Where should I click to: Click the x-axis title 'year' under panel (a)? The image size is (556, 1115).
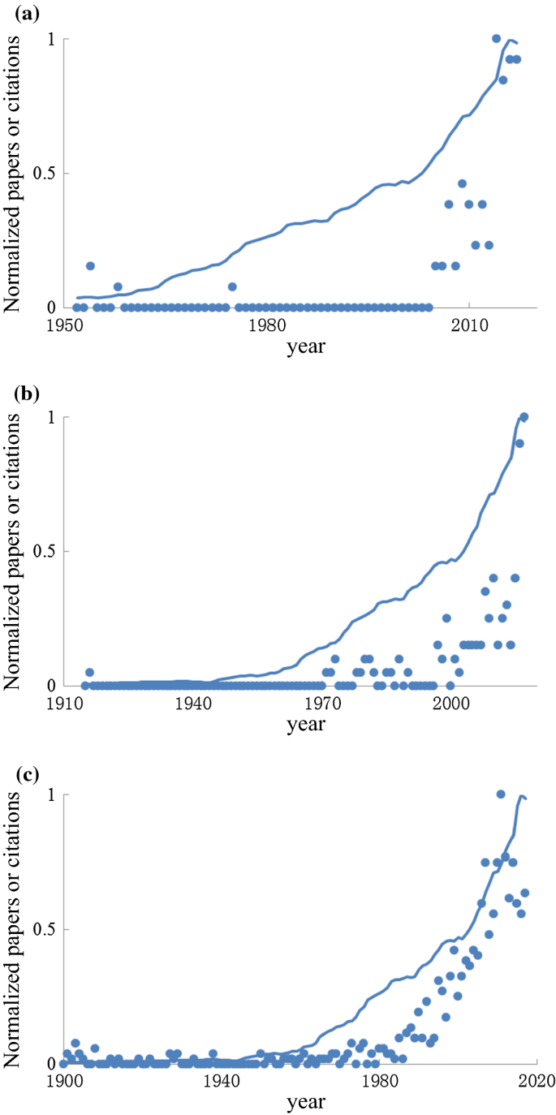click(306, 347)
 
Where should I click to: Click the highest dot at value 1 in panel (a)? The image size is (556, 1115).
click(496, 39)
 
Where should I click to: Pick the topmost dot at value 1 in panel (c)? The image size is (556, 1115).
click(501, 794)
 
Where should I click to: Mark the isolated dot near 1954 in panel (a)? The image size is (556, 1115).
click(90, 266)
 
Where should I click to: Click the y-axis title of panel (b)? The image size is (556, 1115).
click(13, 552)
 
